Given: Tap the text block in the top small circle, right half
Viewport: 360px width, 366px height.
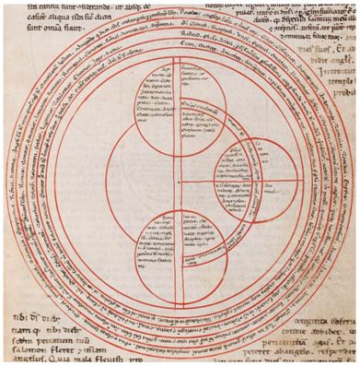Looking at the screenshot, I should click(x=203, y=120).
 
